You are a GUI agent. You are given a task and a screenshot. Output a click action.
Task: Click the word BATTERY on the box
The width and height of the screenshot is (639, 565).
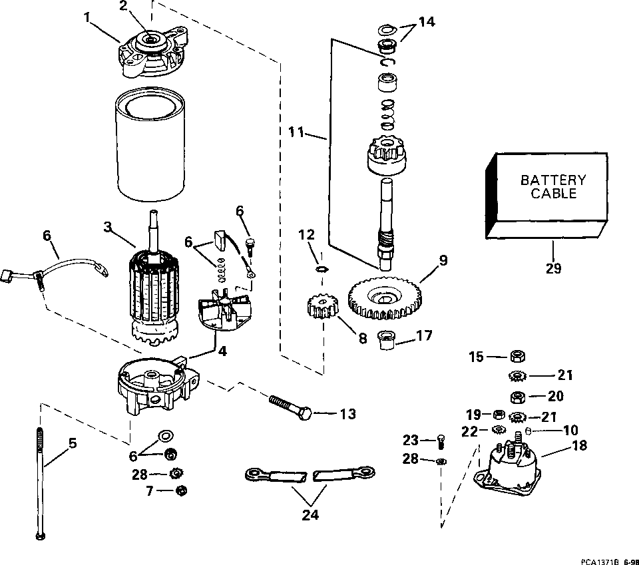553,180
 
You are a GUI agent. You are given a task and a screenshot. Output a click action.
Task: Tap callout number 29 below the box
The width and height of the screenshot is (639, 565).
553,268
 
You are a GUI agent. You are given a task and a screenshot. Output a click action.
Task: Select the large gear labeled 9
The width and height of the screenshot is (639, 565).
385,298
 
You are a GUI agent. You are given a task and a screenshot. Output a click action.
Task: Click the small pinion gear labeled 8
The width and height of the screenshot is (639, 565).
322,307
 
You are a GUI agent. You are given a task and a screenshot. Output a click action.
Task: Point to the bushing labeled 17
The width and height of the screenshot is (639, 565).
385,340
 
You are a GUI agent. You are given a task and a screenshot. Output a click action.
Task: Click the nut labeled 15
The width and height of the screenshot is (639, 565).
518,357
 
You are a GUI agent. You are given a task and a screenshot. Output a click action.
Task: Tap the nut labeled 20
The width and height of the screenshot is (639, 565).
518,396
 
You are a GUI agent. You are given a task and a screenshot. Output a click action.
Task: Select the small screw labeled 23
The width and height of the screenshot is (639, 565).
441,442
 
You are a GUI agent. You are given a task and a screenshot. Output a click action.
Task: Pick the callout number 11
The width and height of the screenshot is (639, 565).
296,132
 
